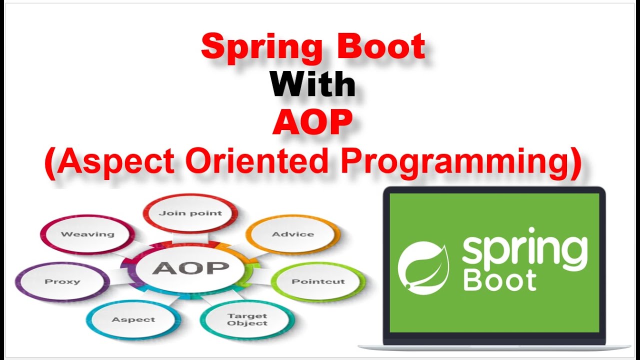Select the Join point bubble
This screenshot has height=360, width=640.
(x=190, y=213)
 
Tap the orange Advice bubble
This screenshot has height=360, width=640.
(x=293, y=234)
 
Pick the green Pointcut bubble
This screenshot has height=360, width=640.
(x=318, y=281)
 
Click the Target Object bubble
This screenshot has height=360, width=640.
(x=247, y=319)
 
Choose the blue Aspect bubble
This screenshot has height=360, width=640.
(x=133, y=319)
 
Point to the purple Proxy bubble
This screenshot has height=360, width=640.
(x=62, y=281)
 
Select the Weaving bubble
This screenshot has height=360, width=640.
(x=87, y=234)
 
